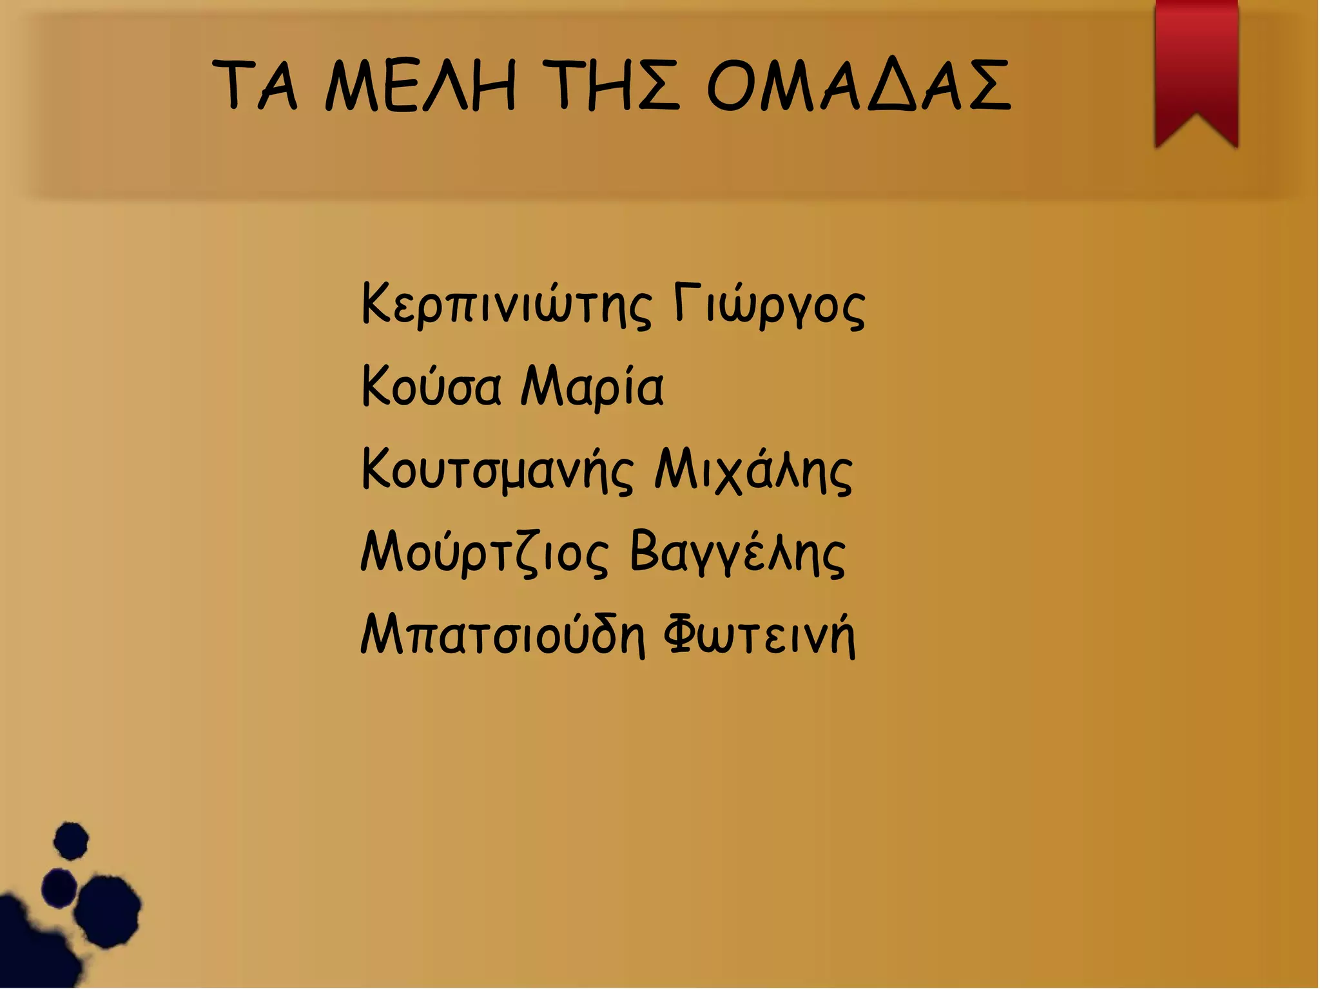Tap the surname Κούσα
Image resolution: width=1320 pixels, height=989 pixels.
[431, 387]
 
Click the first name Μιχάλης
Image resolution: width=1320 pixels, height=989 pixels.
[753, 470]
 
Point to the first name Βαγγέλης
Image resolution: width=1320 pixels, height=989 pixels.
[737, 553]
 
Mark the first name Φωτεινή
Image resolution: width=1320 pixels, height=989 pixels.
[759, 635]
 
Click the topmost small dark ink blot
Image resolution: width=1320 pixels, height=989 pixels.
[70, 841]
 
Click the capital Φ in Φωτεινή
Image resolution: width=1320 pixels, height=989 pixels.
[681, 635]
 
